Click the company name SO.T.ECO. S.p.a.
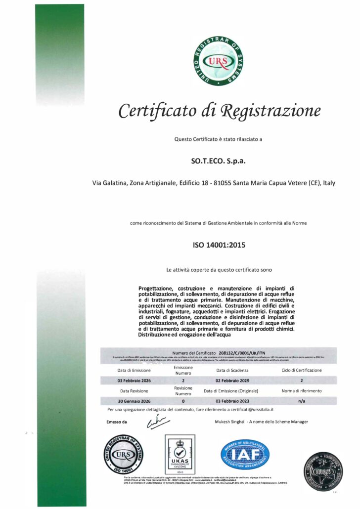[x=218, y=161]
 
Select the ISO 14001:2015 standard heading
[x=219, y=244]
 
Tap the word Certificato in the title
[x=156, y=111]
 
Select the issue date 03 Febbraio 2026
[x=134, y=381]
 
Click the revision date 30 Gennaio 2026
[x=134, y=401]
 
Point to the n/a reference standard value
[x=302, y=401]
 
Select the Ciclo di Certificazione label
[x=302, y=370]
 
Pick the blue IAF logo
[x=245, y=454]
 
